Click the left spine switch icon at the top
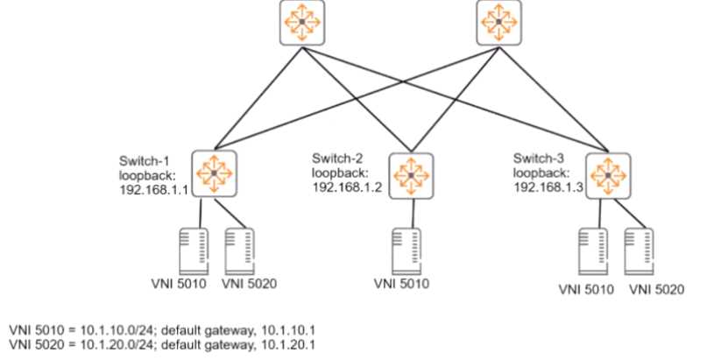(x=300, y=23)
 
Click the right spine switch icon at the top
(x=498, y=23)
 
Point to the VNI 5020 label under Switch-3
(x=654, y=289)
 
